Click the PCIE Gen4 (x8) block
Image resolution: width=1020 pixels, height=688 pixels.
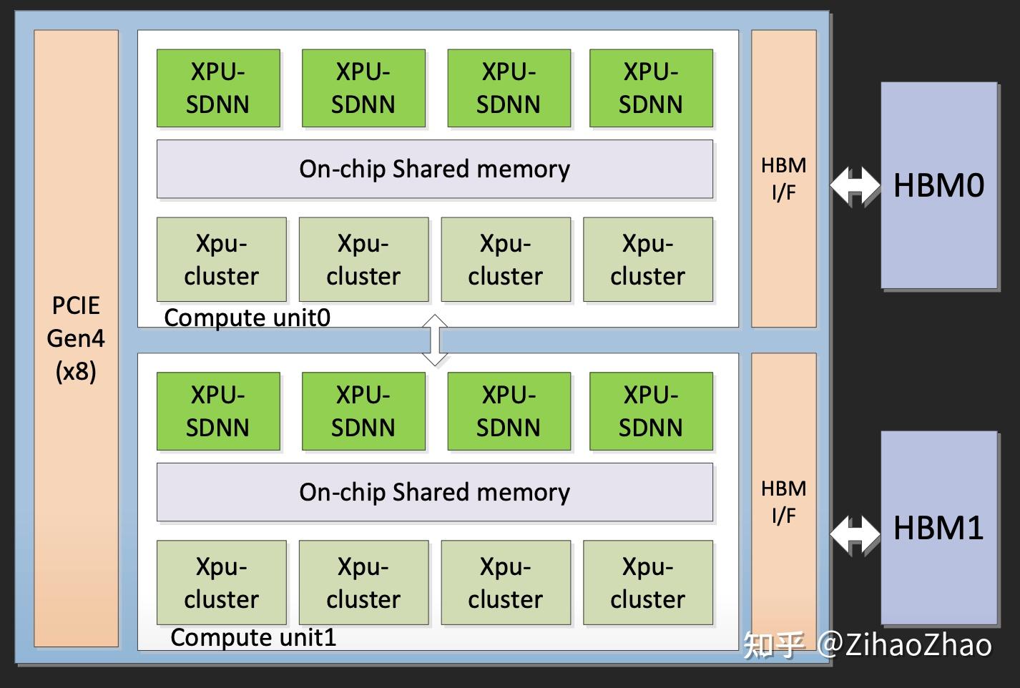(76, 338)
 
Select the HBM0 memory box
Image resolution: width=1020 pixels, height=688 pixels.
(939, 185)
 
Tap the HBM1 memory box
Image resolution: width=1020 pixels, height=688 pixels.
(939, 528)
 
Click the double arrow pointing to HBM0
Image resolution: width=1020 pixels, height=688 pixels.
(855, 186)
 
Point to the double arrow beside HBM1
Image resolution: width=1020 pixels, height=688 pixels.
(855, 535)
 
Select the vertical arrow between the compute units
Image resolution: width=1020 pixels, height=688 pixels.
(435, 340)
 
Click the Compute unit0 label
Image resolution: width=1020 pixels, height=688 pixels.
(247, 318)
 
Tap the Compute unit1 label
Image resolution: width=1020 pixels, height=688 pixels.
(253, 637)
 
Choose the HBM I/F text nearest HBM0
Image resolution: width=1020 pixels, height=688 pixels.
(784, 179)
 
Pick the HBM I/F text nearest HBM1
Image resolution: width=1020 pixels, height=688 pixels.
(784, 502)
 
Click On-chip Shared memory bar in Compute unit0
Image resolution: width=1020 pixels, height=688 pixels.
(435, 169)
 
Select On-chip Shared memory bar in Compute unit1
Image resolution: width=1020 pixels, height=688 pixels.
(435, 492)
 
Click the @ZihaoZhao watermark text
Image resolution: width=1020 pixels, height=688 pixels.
(905, 645)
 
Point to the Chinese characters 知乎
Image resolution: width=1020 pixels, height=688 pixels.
(774, 645)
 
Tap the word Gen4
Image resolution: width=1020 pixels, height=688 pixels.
(76, 338)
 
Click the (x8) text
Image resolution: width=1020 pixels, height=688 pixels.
(76, 372)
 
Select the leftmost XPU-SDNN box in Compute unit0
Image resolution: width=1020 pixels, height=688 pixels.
(219, 88)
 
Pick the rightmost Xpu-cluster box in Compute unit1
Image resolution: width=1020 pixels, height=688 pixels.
(648, 582)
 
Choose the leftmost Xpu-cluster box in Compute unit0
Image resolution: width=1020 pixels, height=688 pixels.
(222, 260)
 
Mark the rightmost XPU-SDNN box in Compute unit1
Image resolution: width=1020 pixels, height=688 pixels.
(651, 411)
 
